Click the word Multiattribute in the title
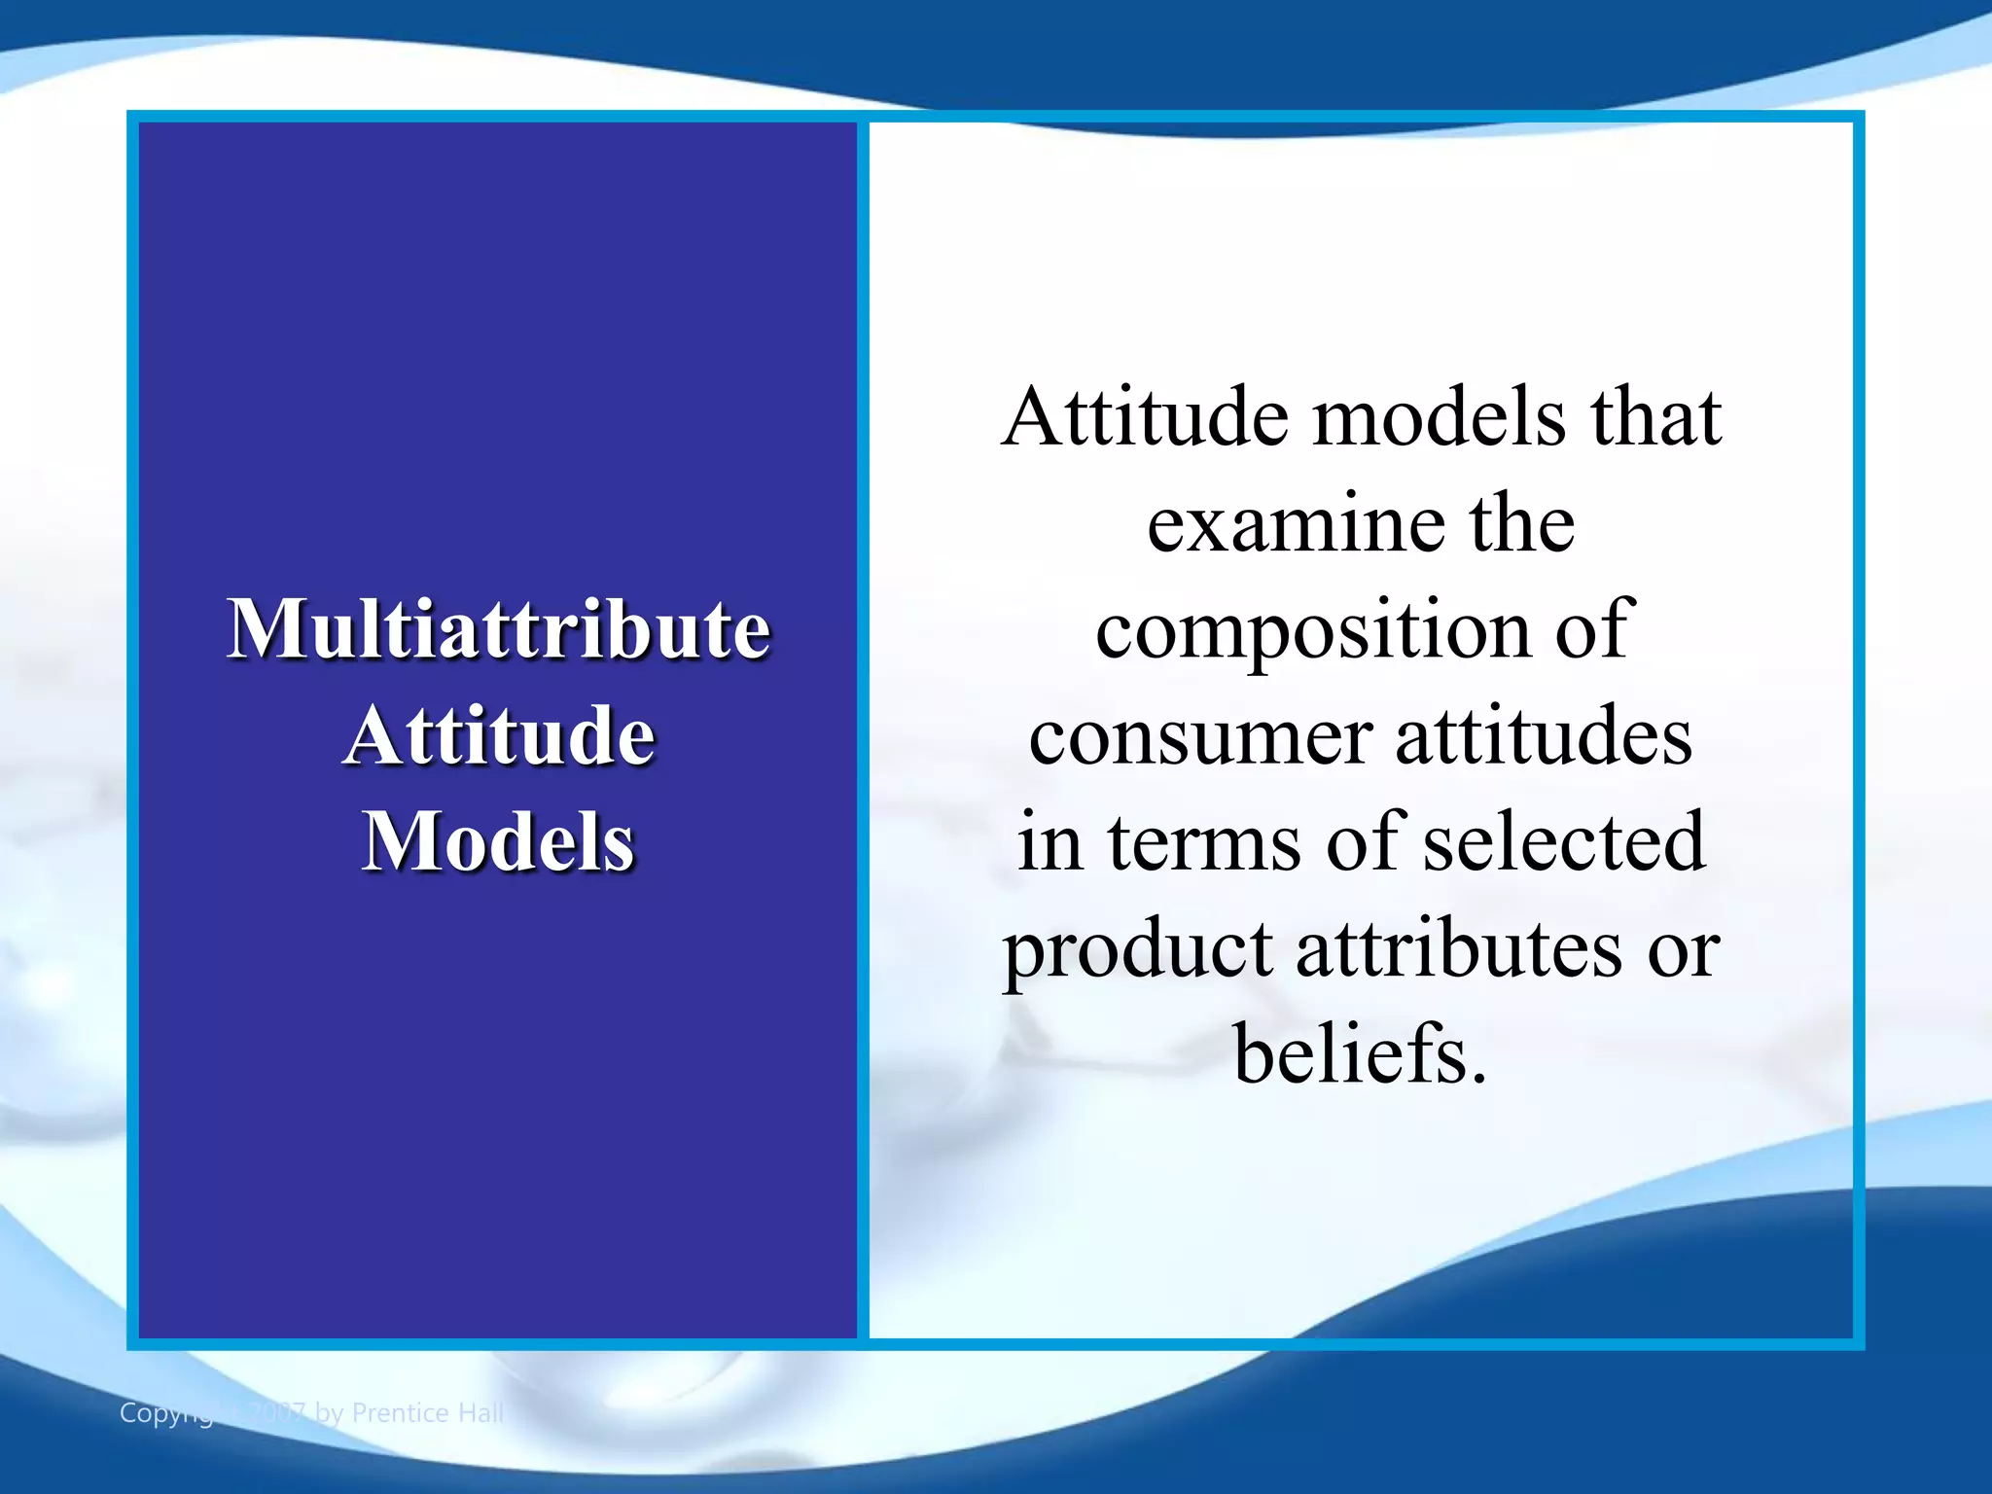498,629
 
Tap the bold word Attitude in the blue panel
498,736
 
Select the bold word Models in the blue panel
498,842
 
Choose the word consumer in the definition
1200,737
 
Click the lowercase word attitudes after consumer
1544,737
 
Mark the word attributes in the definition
1459,949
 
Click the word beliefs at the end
1360,1055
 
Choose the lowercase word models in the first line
1440,418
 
